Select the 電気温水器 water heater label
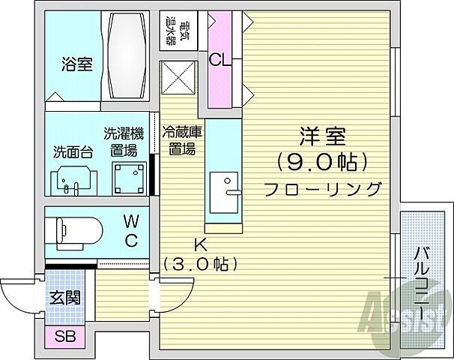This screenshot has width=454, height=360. pos(177,29)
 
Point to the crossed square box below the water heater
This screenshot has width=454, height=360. pos(178,78)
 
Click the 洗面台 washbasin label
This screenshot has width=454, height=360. pos(73,151)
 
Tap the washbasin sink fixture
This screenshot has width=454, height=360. pos(72,179)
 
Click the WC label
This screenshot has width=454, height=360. pos(130,230)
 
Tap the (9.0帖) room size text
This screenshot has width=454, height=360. pos(321,161)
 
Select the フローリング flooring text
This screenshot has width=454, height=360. pos(321,188)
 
